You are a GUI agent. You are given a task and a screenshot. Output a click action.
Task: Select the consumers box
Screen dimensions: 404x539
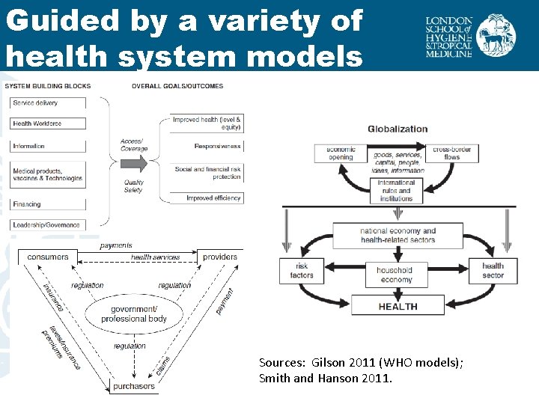48,257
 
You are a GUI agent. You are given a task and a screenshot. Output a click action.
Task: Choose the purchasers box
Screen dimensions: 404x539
134,386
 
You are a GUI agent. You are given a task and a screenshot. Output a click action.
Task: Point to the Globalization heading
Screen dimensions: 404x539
398,129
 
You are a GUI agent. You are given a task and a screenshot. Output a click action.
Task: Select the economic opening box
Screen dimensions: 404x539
341,153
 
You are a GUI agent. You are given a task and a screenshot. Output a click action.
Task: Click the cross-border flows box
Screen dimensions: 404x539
451,153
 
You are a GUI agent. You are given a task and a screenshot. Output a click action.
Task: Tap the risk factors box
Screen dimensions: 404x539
301,271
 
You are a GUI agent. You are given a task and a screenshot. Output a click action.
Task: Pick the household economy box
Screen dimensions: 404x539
395,275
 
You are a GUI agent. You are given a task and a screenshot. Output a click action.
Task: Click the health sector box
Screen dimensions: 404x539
492,271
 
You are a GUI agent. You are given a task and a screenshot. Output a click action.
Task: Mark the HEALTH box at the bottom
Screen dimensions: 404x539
398,306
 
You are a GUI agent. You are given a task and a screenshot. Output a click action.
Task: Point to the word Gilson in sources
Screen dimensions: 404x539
328,363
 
